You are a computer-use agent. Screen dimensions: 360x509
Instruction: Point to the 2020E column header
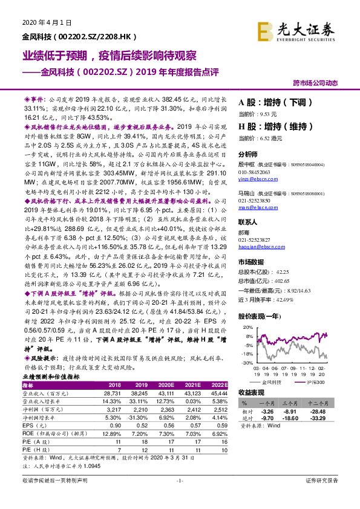[165, 385]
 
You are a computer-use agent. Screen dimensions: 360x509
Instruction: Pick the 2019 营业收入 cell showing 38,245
[139, 393]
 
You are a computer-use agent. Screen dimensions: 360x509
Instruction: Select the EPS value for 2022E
[220, 424]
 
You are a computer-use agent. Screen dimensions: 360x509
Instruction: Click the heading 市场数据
[251, 261]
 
